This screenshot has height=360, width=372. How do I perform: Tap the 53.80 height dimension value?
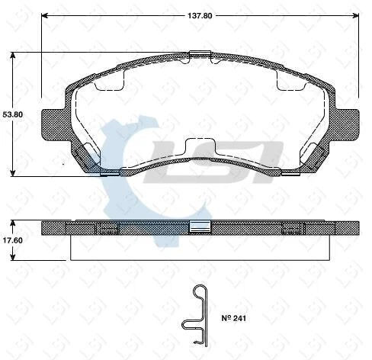(11, 114)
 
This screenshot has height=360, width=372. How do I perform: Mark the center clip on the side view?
(200, 227)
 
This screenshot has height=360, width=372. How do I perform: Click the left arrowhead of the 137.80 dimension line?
(44, 14)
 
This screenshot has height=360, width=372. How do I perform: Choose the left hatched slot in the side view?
(105, 227)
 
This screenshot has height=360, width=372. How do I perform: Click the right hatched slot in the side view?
(293, 227)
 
